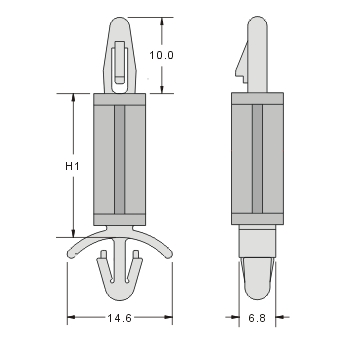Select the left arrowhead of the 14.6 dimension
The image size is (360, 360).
[x=71, y=319]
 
